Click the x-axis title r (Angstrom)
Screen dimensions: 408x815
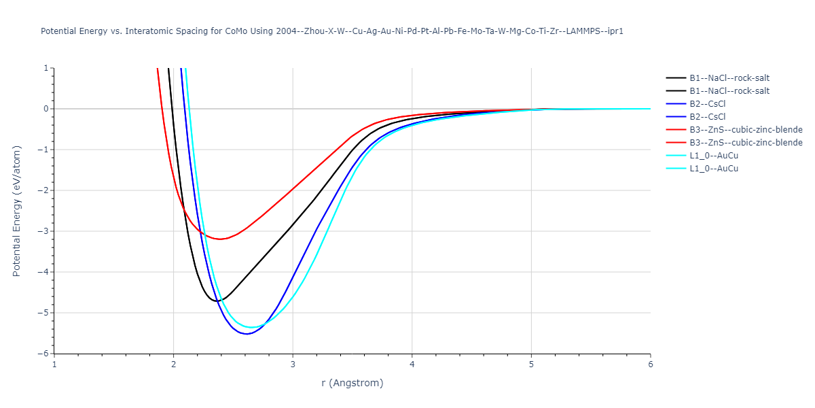pyautogui.click(x=352, y=383)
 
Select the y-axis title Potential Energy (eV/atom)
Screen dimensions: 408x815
pyautogui.click(x=18, y=211)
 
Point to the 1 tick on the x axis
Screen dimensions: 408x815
pyautogui.click(x=54, y=364)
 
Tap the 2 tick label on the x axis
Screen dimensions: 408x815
pyautogui.click(x=174, y=364)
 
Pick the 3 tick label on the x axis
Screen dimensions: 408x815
pyautogui.click(x=293, y=364)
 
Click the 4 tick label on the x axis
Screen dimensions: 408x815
pyautogui.click(x=412, y=364)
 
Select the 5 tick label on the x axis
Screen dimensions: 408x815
pyautogui.click(x=531, y=364)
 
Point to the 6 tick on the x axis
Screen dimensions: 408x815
pyautogui.click(x=650, y=364)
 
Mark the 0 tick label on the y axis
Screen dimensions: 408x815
pyautogui.click(x=46, y=109)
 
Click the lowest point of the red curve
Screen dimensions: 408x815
pyautogui.click(x=219, y=239)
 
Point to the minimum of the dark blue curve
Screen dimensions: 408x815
pyautogui.click(x=247, y=334)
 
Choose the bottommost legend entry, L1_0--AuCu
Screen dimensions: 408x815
pyautogui.click(x=713, y=169)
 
